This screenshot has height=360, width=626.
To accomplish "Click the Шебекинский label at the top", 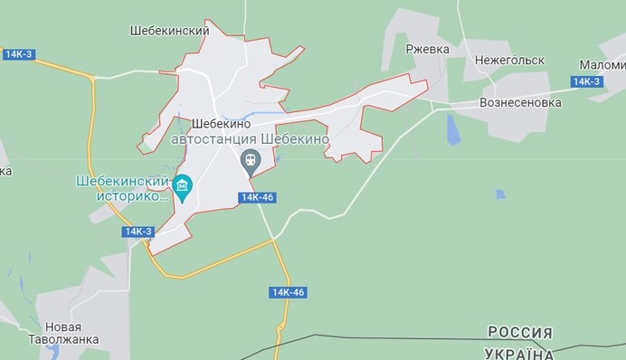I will pos(170,31).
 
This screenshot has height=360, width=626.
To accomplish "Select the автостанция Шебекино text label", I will pos(250,141).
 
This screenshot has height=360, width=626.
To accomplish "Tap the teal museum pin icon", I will pos(183,188).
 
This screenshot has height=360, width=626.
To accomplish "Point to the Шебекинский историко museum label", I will pos(126,187).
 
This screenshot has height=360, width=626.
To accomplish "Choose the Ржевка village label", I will pos(427,49).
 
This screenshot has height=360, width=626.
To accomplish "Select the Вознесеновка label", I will pos(520,102).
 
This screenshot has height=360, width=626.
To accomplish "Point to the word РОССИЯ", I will pos(520,332).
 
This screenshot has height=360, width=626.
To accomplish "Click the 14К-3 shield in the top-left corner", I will pos(17,54).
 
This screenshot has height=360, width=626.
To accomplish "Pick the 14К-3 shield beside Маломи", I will pos(586,82).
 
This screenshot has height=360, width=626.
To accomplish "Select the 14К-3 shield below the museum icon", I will pos(138,232).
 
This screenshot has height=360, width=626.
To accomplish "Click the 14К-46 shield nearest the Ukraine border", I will pos(288,292).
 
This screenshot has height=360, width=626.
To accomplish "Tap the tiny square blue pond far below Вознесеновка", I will pos(500,194).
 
